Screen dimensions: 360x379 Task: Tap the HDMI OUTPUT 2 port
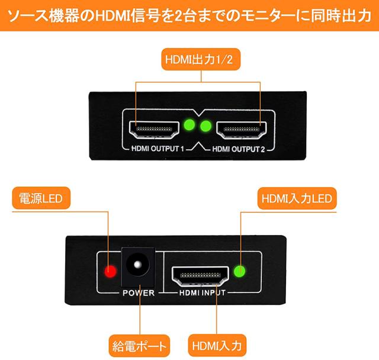pos(242,128)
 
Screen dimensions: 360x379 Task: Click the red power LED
pos(110,272)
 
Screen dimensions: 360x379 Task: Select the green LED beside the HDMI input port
pos(240,272)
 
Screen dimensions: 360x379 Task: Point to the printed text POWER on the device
pos(138,293)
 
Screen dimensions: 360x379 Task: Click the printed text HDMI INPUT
pos(200,293)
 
